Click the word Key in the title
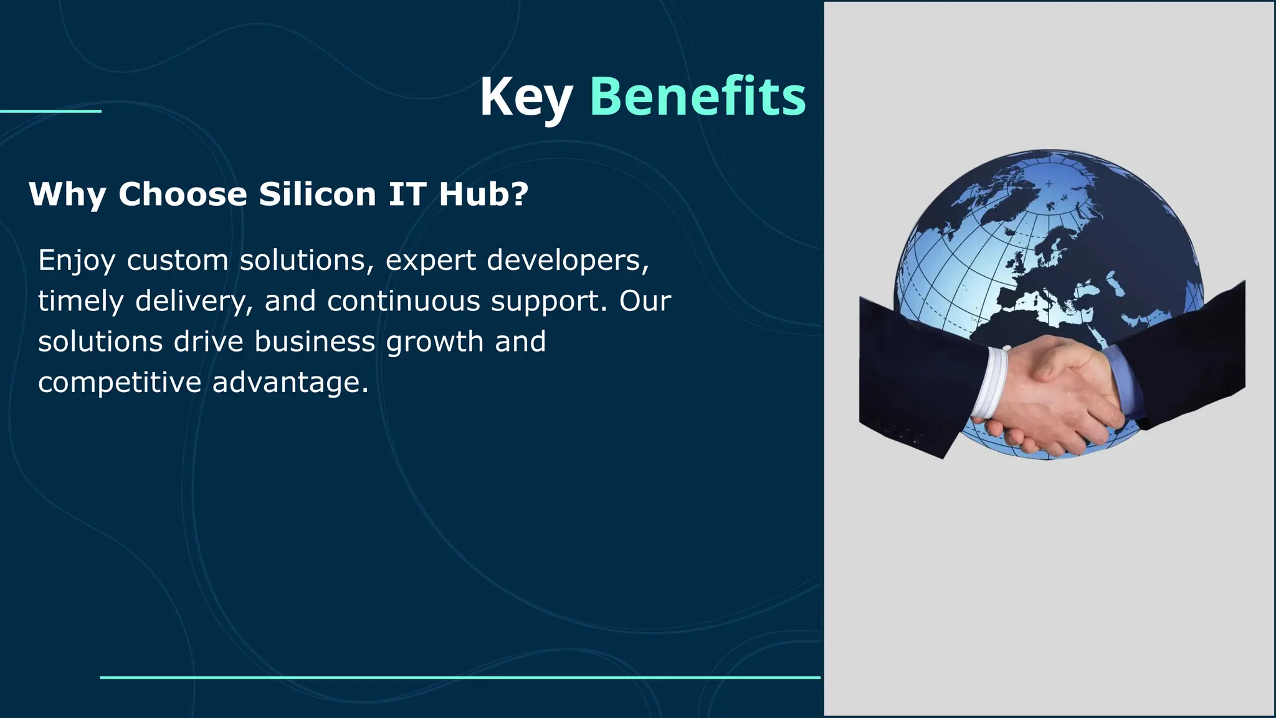point(525,97)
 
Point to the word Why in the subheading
point(67,195)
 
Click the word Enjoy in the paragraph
point(77,261)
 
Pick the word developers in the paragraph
point(568,261)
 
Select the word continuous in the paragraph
point(404,301)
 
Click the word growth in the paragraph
point(435,342)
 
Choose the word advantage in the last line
point(290,383)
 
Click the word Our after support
point(645,301)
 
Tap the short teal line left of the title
point(50,112)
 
